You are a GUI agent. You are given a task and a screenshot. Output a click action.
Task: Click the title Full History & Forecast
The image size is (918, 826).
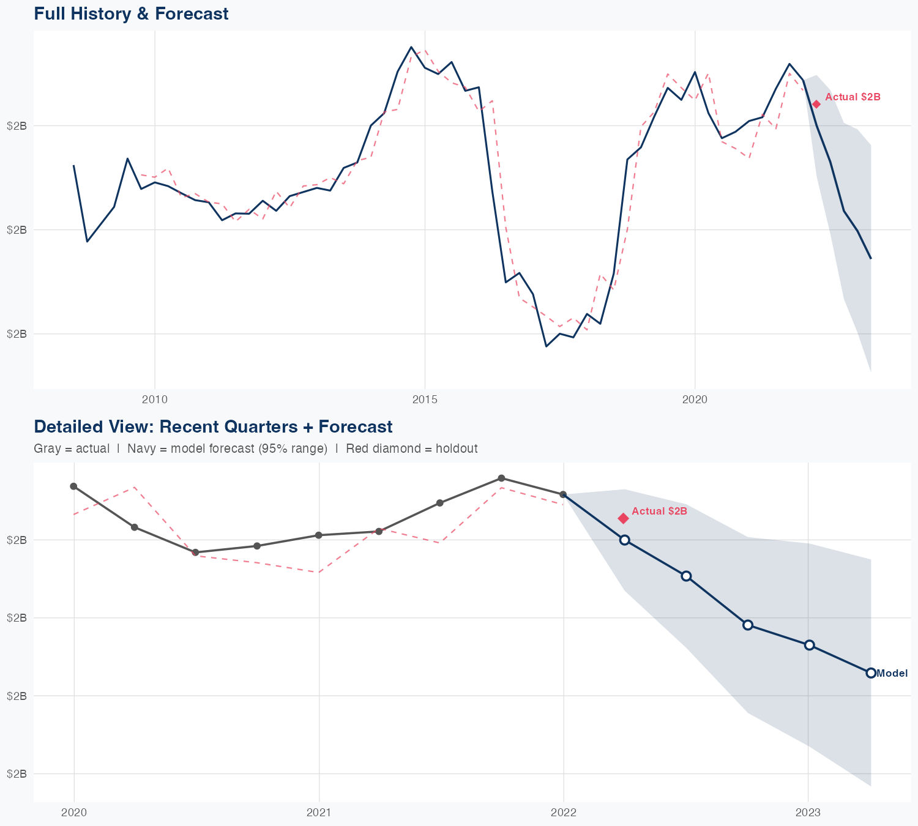(x=131, y=13)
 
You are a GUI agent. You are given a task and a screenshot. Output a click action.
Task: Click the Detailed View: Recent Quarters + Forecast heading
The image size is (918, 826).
(x=213, y=426)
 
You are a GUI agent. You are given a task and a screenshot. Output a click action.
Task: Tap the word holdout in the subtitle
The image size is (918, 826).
(x=457, y=448)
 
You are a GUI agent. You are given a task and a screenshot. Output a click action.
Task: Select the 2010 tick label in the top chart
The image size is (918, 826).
(x=154, y=400)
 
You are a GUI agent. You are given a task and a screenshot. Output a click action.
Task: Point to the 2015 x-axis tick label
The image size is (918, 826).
(x=425, y=400)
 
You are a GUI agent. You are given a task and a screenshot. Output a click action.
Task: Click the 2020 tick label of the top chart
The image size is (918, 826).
(x=695, y=400)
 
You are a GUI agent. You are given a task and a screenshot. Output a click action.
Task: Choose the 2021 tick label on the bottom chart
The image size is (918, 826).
(x=319, y=813)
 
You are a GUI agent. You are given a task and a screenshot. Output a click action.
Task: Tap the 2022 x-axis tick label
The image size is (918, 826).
(x=564, y=813)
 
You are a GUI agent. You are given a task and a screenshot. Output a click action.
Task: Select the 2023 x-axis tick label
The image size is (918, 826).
(x=808, y=813)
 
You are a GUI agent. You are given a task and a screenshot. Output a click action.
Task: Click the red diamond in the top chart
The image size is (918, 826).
(x=816, y=104)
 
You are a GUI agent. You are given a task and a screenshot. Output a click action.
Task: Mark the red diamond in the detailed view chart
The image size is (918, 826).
(x=623, y=518)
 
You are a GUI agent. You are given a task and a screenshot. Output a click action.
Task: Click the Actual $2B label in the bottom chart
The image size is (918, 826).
(x=659, y=512)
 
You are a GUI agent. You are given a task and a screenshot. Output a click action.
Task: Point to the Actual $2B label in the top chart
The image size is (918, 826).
(x=853, y=97)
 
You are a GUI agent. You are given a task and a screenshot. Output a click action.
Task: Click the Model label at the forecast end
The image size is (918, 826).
(x=892, y=674)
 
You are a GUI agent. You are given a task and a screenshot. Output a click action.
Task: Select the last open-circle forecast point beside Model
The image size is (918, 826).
(x=871, y=673)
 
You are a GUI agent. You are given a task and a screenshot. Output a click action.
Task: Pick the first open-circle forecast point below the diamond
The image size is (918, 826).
(x=624, y=540)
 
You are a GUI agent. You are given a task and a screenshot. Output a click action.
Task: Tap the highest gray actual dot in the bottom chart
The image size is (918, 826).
(x=501, y=478)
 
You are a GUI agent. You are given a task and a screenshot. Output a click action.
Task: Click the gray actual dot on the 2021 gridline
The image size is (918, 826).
(x=318, y=535)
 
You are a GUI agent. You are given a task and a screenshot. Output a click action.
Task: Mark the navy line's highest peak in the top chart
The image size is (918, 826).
(x=411, y=47)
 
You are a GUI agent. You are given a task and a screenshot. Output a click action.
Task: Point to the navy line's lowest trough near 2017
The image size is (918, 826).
(x=546, y=346)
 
